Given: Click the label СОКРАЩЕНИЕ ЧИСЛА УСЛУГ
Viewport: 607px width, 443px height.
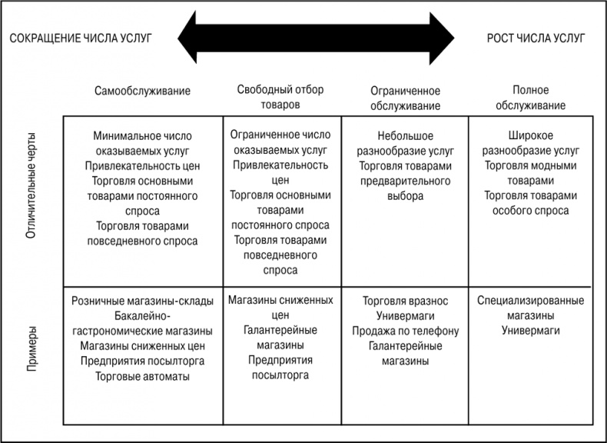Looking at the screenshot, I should point(81,36).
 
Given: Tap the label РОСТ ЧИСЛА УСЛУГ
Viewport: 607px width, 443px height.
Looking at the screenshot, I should point(536,36).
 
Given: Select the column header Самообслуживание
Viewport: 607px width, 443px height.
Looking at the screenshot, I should point(142,90).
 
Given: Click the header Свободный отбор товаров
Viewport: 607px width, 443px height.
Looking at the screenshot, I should point(280,96).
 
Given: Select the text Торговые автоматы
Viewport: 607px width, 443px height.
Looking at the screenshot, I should point(142,376).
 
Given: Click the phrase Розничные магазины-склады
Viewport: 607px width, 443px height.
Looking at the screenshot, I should point(142,301).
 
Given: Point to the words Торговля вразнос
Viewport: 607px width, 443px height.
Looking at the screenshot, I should point(405,301).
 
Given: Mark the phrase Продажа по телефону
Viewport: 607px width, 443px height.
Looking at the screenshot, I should point(405,331).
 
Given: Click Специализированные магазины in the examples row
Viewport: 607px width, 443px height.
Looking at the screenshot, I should point(530,308).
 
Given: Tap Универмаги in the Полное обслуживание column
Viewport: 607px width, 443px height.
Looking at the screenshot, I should point(530,331).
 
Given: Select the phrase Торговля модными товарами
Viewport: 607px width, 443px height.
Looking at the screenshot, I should point(530,172).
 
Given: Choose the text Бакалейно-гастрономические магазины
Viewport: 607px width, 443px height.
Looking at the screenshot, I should point(142,323).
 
